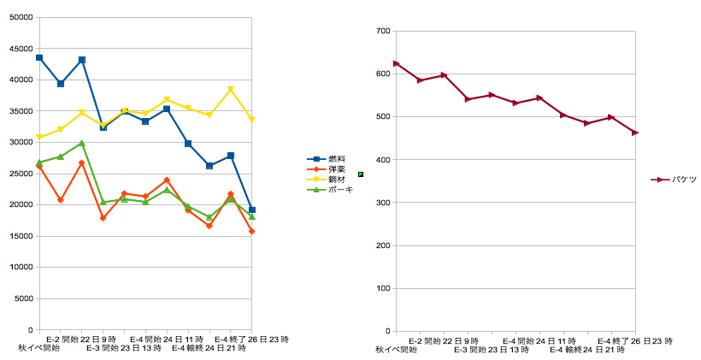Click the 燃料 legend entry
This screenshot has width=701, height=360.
click(x=331, y=158)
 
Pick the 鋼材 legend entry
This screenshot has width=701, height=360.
click(x=331, y=179)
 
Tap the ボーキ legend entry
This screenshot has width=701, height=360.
click(x=333, y=189)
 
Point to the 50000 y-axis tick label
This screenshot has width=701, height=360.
click(x=19, y=17)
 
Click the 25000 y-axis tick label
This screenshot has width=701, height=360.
click(x=19, y=174)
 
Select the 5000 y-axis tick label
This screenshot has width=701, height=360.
click(x=21, y=298)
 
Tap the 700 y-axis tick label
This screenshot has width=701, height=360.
click(x=382, y=31)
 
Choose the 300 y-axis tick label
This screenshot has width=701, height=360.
click(x=382, y=203)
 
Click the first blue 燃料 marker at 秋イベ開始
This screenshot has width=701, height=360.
click(x=39, y=57)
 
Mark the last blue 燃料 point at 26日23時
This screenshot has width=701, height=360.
click(x=252, y=210)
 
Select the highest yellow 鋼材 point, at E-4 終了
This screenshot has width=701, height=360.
click(x=231, y=89)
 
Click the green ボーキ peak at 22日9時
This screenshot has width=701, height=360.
click(x=82, y=143)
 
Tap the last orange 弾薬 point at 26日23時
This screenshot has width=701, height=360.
click(x=252, y=232)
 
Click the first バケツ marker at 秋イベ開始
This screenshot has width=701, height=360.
click(x=396, y=63)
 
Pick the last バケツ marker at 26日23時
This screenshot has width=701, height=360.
click(x=635, y=133)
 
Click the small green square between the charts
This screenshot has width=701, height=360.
click(x=361, y=174)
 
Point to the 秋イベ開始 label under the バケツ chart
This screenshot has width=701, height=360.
click(x=395, y=350)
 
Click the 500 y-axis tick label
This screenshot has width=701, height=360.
click(x=382, y=117)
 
